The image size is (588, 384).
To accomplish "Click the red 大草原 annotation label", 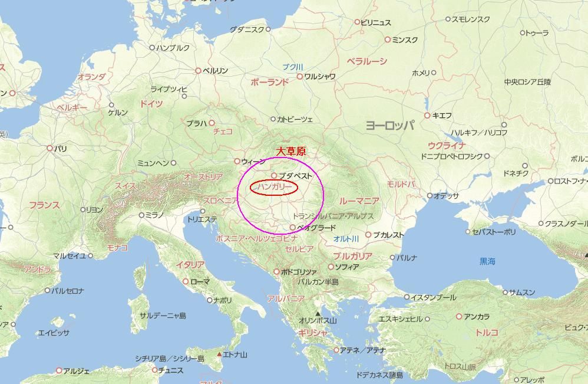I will (292, 152).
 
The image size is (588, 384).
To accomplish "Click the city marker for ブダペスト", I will (274, 176).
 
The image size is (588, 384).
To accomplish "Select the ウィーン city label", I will (253, 162).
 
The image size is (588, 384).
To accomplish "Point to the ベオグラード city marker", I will (293, 228).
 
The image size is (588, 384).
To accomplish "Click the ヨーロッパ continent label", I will (389, 125).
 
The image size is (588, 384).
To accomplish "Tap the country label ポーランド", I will (269, 83).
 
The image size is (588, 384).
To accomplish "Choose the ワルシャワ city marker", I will (300, 77).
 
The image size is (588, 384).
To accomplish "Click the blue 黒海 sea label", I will (487, 261).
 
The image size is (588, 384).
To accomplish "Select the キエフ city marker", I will (427, 116).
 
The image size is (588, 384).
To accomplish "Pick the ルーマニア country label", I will (359, 201).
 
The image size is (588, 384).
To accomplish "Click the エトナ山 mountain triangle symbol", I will (220, 355).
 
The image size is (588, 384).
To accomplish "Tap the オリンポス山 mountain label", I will (318, 321).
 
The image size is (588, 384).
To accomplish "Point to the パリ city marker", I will (49, 149).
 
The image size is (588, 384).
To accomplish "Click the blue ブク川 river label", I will (292, 67).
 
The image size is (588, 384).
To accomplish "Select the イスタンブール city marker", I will (407, 297).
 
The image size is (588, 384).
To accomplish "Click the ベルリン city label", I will (215, 71).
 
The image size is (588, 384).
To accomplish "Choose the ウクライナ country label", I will (447, 146).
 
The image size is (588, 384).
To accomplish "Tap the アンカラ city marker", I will (459, 317).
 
